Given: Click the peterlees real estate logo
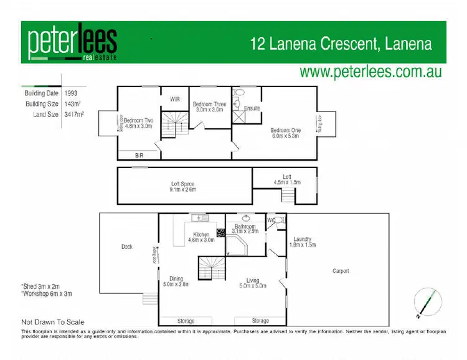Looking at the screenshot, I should (72, 43).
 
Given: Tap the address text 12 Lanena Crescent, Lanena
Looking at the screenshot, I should (341, 44).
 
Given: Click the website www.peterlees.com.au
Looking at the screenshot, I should (370, 71).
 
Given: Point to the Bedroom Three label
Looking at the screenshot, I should (209, 104).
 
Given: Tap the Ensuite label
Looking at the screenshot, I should (252, 108).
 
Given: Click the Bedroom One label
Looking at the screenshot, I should (285, 131).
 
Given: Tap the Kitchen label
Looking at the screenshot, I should (201, 234).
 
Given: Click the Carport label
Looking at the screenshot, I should (341, 271).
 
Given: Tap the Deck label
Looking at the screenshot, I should (127, 247).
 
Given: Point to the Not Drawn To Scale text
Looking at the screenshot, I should (53, 322).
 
